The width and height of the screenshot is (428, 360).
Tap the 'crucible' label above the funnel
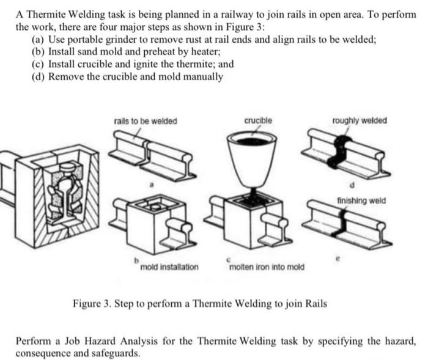point(258,120)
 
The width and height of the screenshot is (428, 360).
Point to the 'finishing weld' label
point(361,200)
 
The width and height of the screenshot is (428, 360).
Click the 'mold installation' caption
point(169,267)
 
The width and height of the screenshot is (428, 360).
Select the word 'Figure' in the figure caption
point(87,303)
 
